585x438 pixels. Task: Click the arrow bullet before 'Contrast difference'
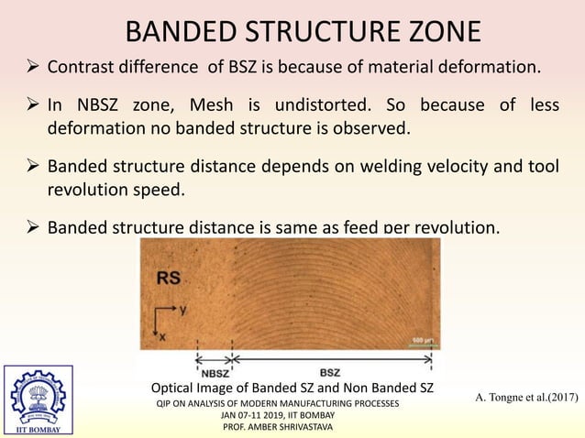pyautogui.click(x=29, y=67)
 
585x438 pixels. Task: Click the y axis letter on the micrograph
pyautogui.click(x=183, y=311)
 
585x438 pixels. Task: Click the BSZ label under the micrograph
pyautogui.click(x=328, y=371)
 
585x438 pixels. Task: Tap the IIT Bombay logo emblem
pyautogui.click(x=38, y=396)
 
